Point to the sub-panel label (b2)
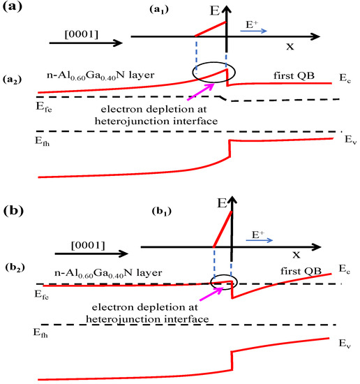[x=14, y=268]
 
